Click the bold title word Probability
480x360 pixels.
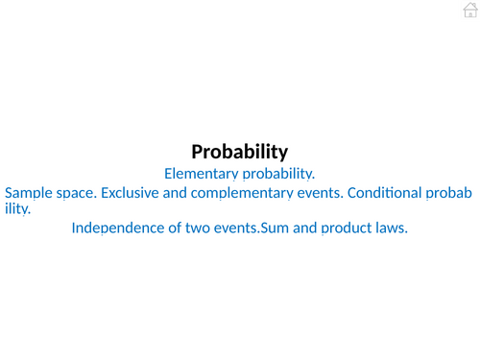pos(240,152)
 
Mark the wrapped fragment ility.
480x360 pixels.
pos(17,207)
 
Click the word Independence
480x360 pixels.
pos(118,228)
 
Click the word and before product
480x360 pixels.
pos(305,228)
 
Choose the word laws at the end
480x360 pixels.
pos(392,228)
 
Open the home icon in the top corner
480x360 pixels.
pos(469,10)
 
